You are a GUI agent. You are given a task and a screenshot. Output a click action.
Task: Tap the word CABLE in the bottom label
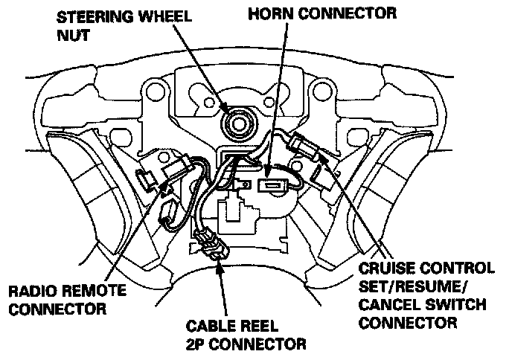[201, 327]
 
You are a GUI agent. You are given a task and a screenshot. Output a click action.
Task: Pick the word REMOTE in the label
[83, 291]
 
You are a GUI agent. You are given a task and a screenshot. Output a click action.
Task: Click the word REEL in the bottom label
[252, 327]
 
